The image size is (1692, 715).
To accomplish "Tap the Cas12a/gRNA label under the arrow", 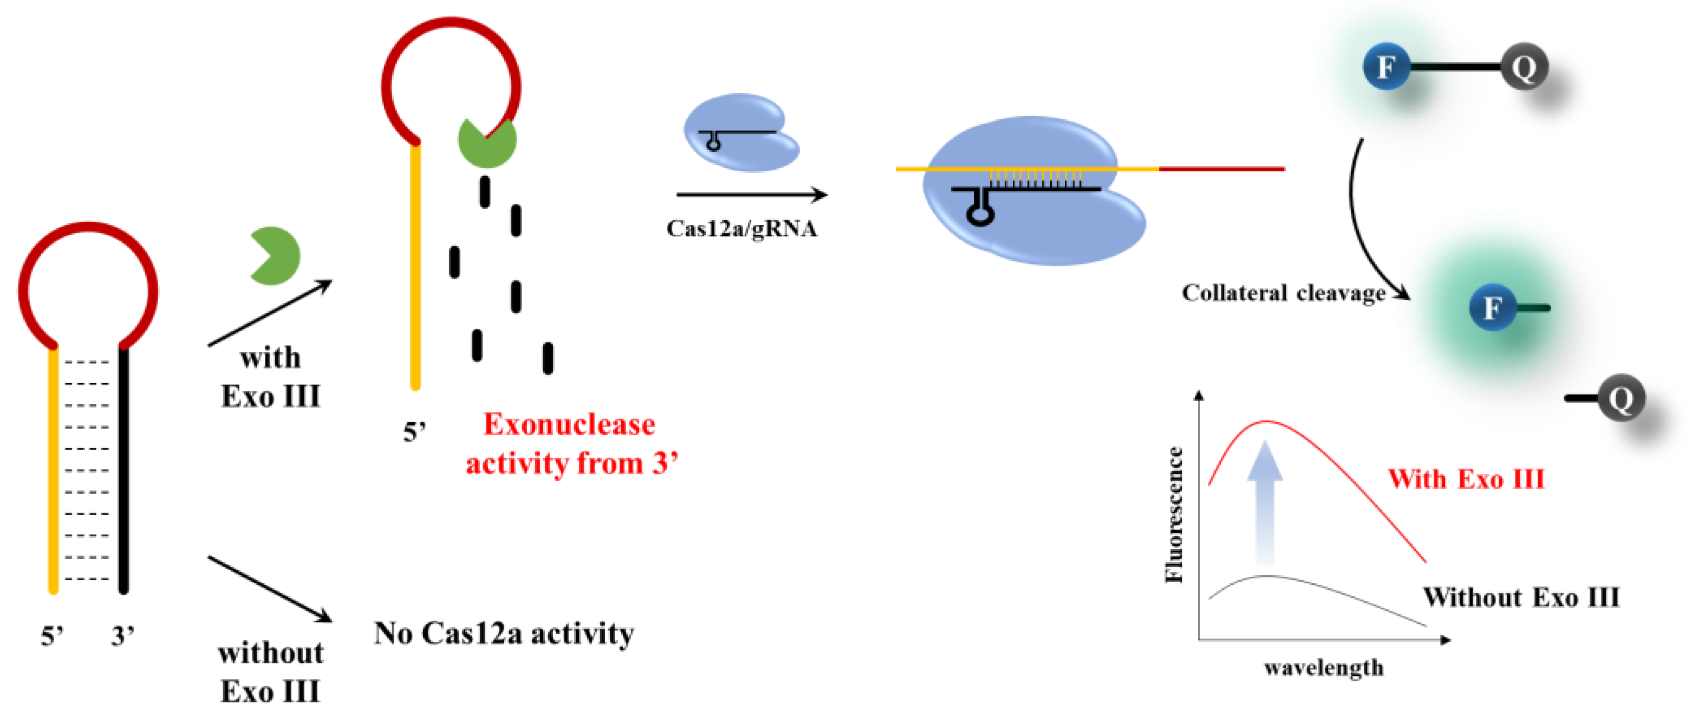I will pyautogui.click(x=741, y=229).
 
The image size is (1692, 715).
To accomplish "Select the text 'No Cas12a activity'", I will pyautogui.click(x=504, y=634).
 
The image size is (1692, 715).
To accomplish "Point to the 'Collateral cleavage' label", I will pyautogui.click(x=1284, y=293).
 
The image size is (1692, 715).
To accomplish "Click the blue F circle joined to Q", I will pyautogui.click(x=1386, y=66).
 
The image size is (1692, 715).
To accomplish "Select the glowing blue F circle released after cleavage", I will pyautogui.click(x=1492, y=307).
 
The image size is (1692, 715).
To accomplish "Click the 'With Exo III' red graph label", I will pyautogui.click(x=1466, y=479).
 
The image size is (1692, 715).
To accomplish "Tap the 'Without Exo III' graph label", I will pyautogui.click(x=1520, y=597).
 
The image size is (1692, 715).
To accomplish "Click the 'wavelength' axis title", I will pyautogui.click(x=1324, y=668).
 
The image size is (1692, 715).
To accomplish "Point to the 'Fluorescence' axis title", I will pyautogui.click(x=1174, y=514).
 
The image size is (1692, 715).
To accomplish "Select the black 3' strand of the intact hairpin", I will pyautogui.click(x=123, y=470).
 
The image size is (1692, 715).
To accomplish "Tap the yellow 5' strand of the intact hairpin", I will pyautogui.click(x=54, y=470).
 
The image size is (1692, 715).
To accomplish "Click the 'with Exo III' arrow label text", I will pyautogui.click(x=270, y=377).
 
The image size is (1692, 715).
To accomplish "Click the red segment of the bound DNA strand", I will pyautogui.click(x=1222, y=170).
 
